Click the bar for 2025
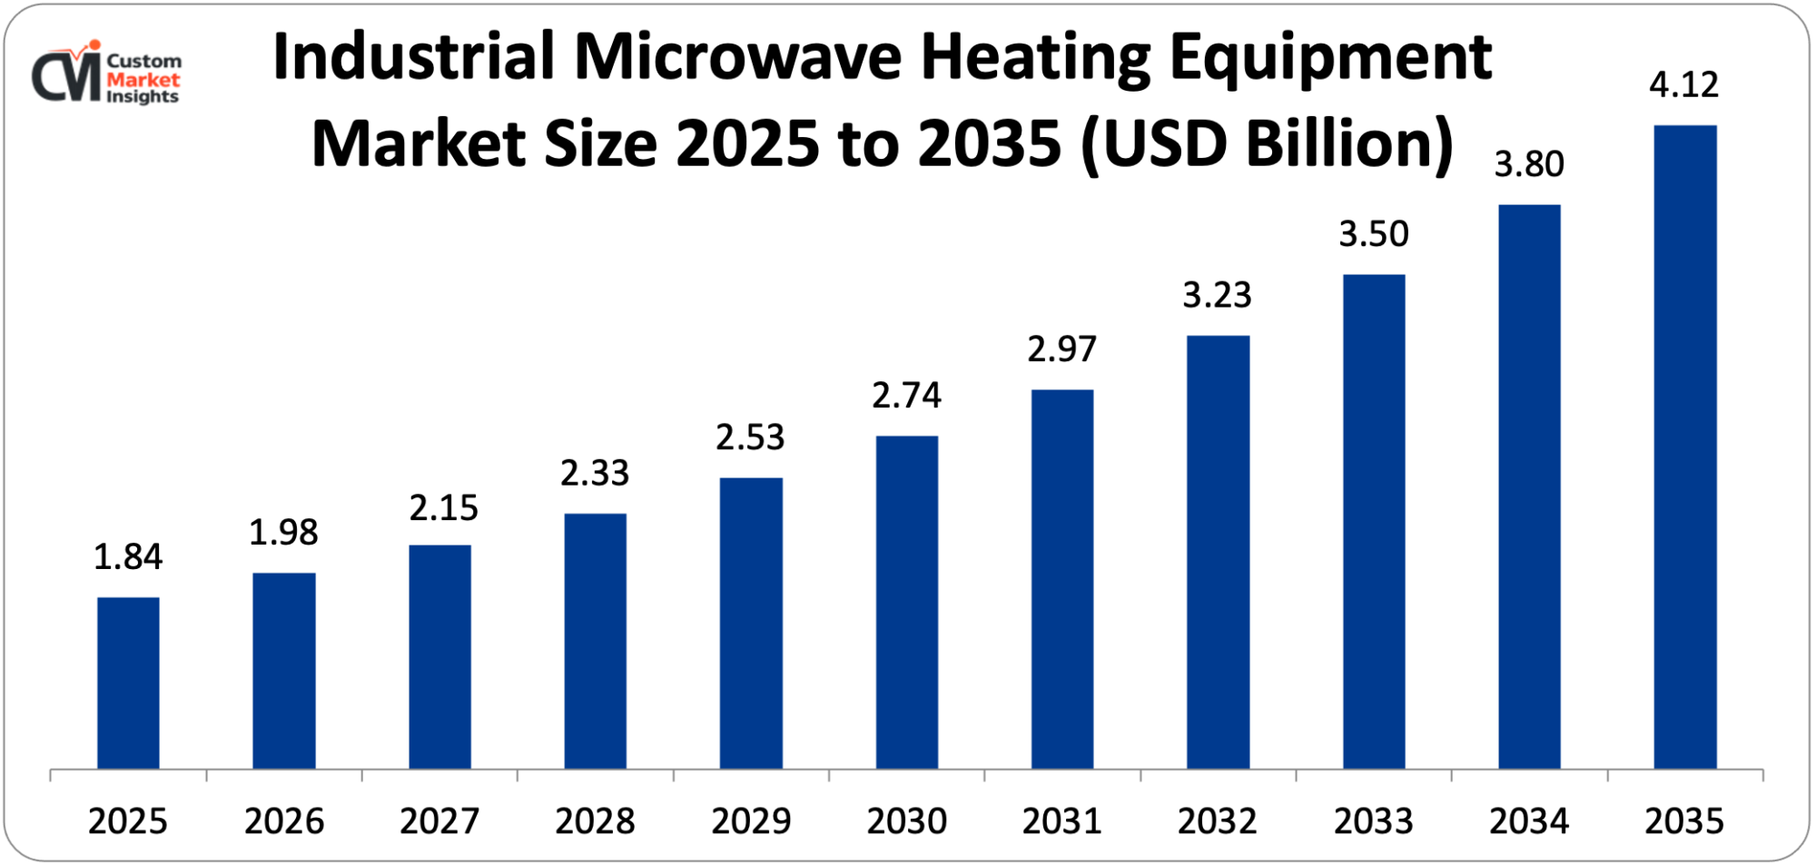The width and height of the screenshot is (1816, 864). coord(128,682)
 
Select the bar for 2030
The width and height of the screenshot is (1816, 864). coord(906,602)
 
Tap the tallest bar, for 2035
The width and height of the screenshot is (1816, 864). coord(1684,447)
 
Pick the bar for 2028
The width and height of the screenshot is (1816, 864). coord(595,641)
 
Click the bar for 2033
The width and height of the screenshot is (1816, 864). coord(1373,521)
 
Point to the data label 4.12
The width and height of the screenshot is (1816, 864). coord(1683,85)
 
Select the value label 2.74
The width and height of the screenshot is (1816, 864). coord(906,396)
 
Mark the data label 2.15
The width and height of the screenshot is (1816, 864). coord(443,508)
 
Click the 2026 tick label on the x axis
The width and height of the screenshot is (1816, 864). coord(284,821)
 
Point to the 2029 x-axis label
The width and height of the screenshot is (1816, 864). coord(751,821)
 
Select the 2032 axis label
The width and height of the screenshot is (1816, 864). coord(1217,821)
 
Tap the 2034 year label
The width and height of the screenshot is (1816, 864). coord(1529,821)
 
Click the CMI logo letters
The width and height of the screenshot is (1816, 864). coord(65,76)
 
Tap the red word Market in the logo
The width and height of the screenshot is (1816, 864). coord(143,80)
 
